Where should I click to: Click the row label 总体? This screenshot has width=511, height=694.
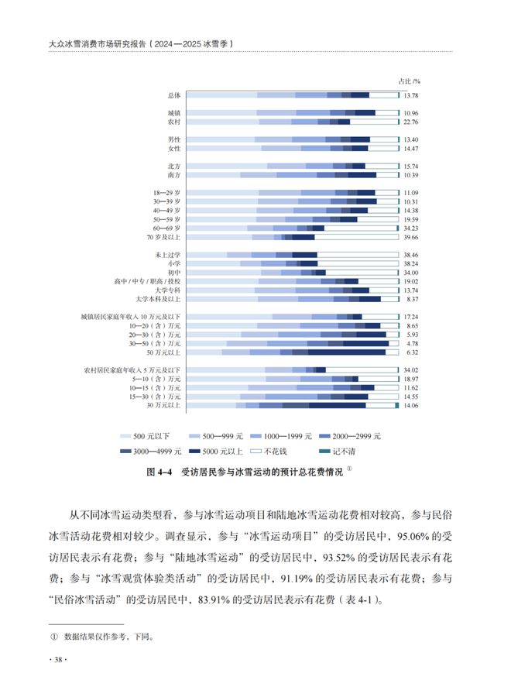tap(174, 95)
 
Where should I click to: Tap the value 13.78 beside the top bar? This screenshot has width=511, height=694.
tap(410, 95)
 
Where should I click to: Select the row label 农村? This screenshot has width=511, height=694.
tap(174, 122)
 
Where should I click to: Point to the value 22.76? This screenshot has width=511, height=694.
tap(410, 122)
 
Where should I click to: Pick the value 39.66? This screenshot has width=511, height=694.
tap(410, 237)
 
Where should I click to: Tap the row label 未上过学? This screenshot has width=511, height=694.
tap(168, 255)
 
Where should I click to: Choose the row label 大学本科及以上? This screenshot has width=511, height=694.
tap(159, 298)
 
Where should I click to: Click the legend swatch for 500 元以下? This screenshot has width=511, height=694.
tap(124, 437)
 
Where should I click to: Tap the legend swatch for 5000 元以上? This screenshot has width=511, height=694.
tap(197, 450)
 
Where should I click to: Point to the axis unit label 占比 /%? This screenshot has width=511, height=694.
tap(409, 80)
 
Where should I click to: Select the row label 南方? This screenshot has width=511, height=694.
tap(174, 174)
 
